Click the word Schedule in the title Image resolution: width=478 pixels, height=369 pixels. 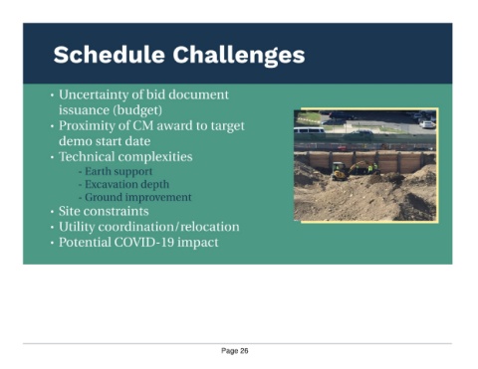(x=110, y=55)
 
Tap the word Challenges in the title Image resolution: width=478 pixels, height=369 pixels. (x=239, y=56)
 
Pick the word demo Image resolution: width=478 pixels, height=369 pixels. (x=75, y=141)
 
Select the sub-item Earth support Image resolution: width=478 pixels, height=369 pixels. (x=119, y=171)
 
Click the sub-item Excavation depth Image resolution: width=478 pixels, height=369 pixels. (x=126, y=184)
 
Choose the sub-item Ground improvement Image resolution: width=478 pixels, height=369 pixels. (x=138, y=197)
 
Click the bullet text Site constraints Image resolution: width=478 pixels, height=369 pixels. (x=104, y=211)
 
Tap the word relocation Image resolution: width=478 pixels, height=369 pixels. (x=210, y=227)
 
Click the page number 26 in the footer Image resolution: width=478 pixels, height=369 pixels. (x=244, y=351)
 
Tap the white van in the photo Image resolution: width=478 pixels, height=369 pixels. (x=309, y=130)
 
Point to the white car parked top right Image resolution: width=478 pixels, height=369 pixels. (x=427, y=124)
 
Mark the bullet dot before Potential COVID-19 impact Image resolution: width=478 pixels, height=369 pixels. (x=52, y=243)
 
